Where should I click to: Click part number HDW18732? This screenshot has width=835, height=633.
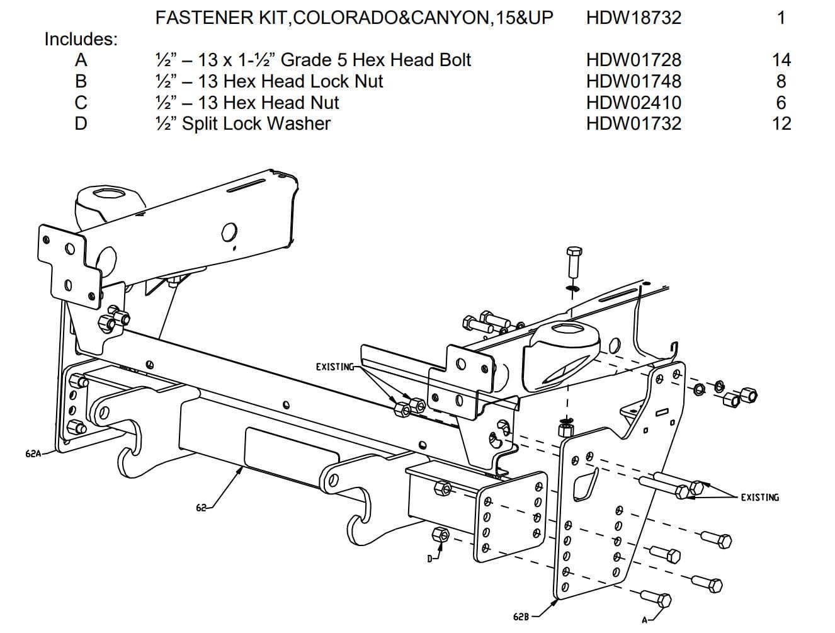pyautogui.click(x=633, y=17)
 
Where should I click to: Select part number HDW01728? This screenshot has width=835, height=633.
pyautogui.click(x=633, y=60)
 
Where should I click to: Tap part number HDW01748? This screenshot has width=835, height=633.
pyautogui.click(x=633, y=81)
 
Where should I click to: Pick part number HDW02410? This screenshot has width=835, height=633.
pyautogui.click(x=633, y=102)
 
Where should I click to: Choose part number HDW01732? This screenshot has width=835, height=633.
pyautogui.click(x=633, y=123)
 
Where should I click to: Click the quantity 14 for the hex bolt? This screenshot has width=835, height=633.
pyautogui.click(x=781, y=60)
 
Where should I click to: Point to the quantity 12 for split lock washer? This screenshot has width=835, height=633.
pyautogui.click(x=781, y=123)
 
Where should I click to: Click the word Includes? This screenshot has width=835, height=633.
pyautogui.click(x=81, y=39)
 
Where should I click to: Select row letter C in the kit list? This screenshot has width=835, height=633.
pyautogui.click(x=81, y=102)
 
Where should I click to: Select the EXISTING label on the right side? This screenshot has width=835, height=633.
pyautogui.click(x=759, y=497)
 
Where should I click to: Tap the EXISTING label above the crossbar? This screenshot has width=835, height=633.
pyautogui.click(x=334, y=367)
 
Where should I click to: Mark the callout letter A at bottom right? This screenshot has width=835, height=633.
pyautogui.click(x=644, y=619)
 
